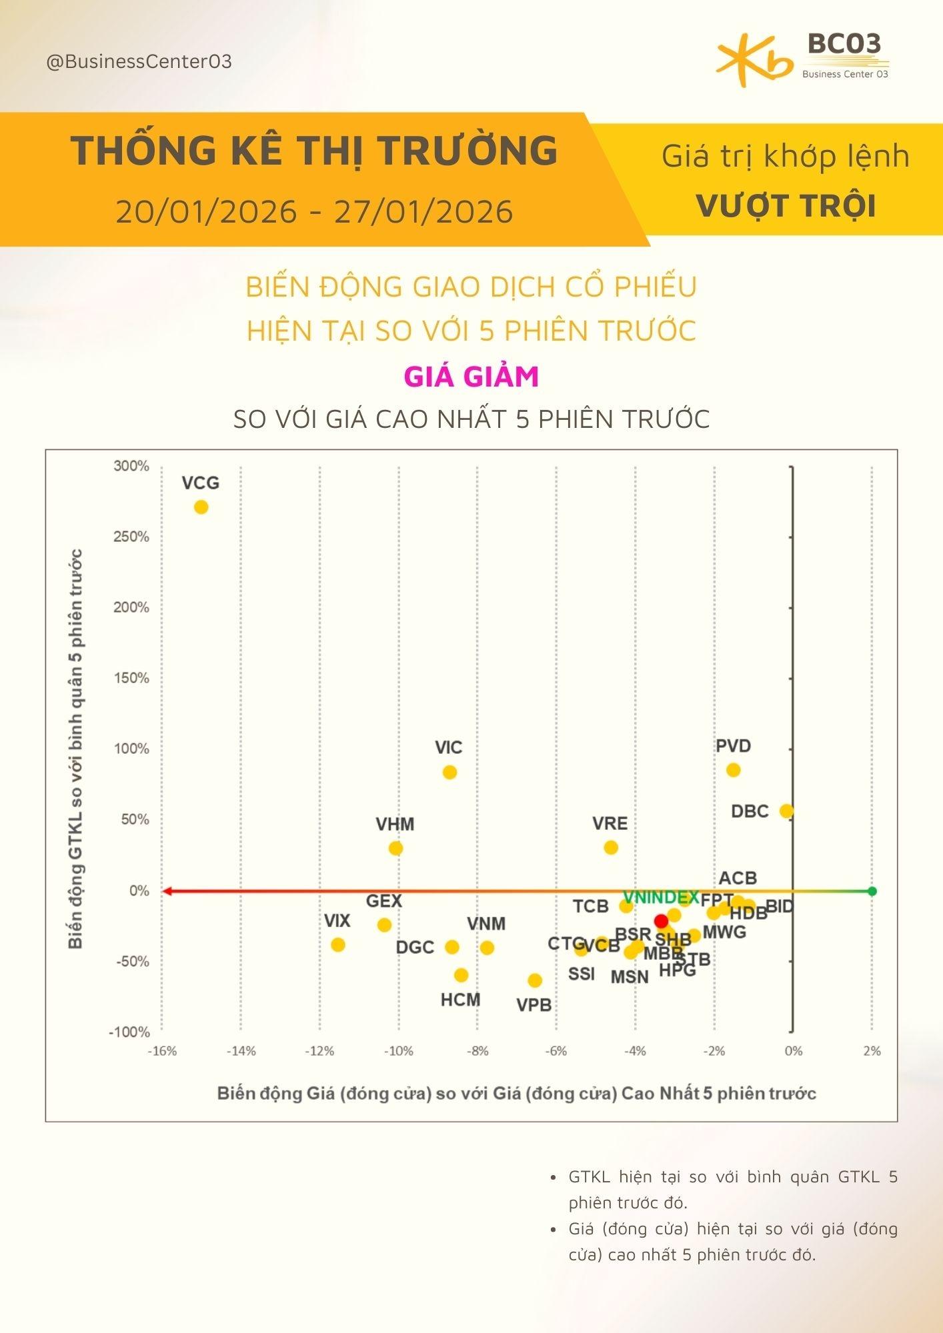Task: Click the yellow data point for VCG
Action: click(201, 507)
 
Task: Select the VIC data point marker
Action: click(449, 772)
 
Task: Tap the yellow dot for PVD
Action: click(733, 770)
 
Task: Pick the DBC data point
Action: click(786, 811)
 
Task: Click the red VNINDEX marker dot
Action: click(661, 921)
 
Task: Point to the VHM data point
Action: click(395, 848)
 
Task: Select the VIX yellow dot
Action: click(338, 944)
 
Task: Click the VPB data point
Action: click(535, 980)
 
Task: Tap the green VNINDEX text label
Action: click(660, 897)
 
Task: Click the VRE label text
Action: click(610, 824)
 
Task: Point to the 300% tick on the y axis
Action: click(131, 466)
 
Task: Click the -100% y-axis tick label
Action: click(130, 1032)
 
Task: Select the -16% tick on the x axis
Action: click(162, 1051)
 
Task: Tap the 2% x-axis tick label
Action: click(872, 1051)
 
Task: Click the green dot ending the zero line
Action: click(872, 891)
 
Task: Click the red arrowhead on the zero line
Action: click(167, 891)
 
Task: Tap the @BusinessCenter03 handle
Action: click(139, 62)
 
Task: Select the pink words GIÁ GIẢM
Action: click(471, 377)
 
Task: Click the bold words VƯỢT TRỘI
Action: click(786, 206)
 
